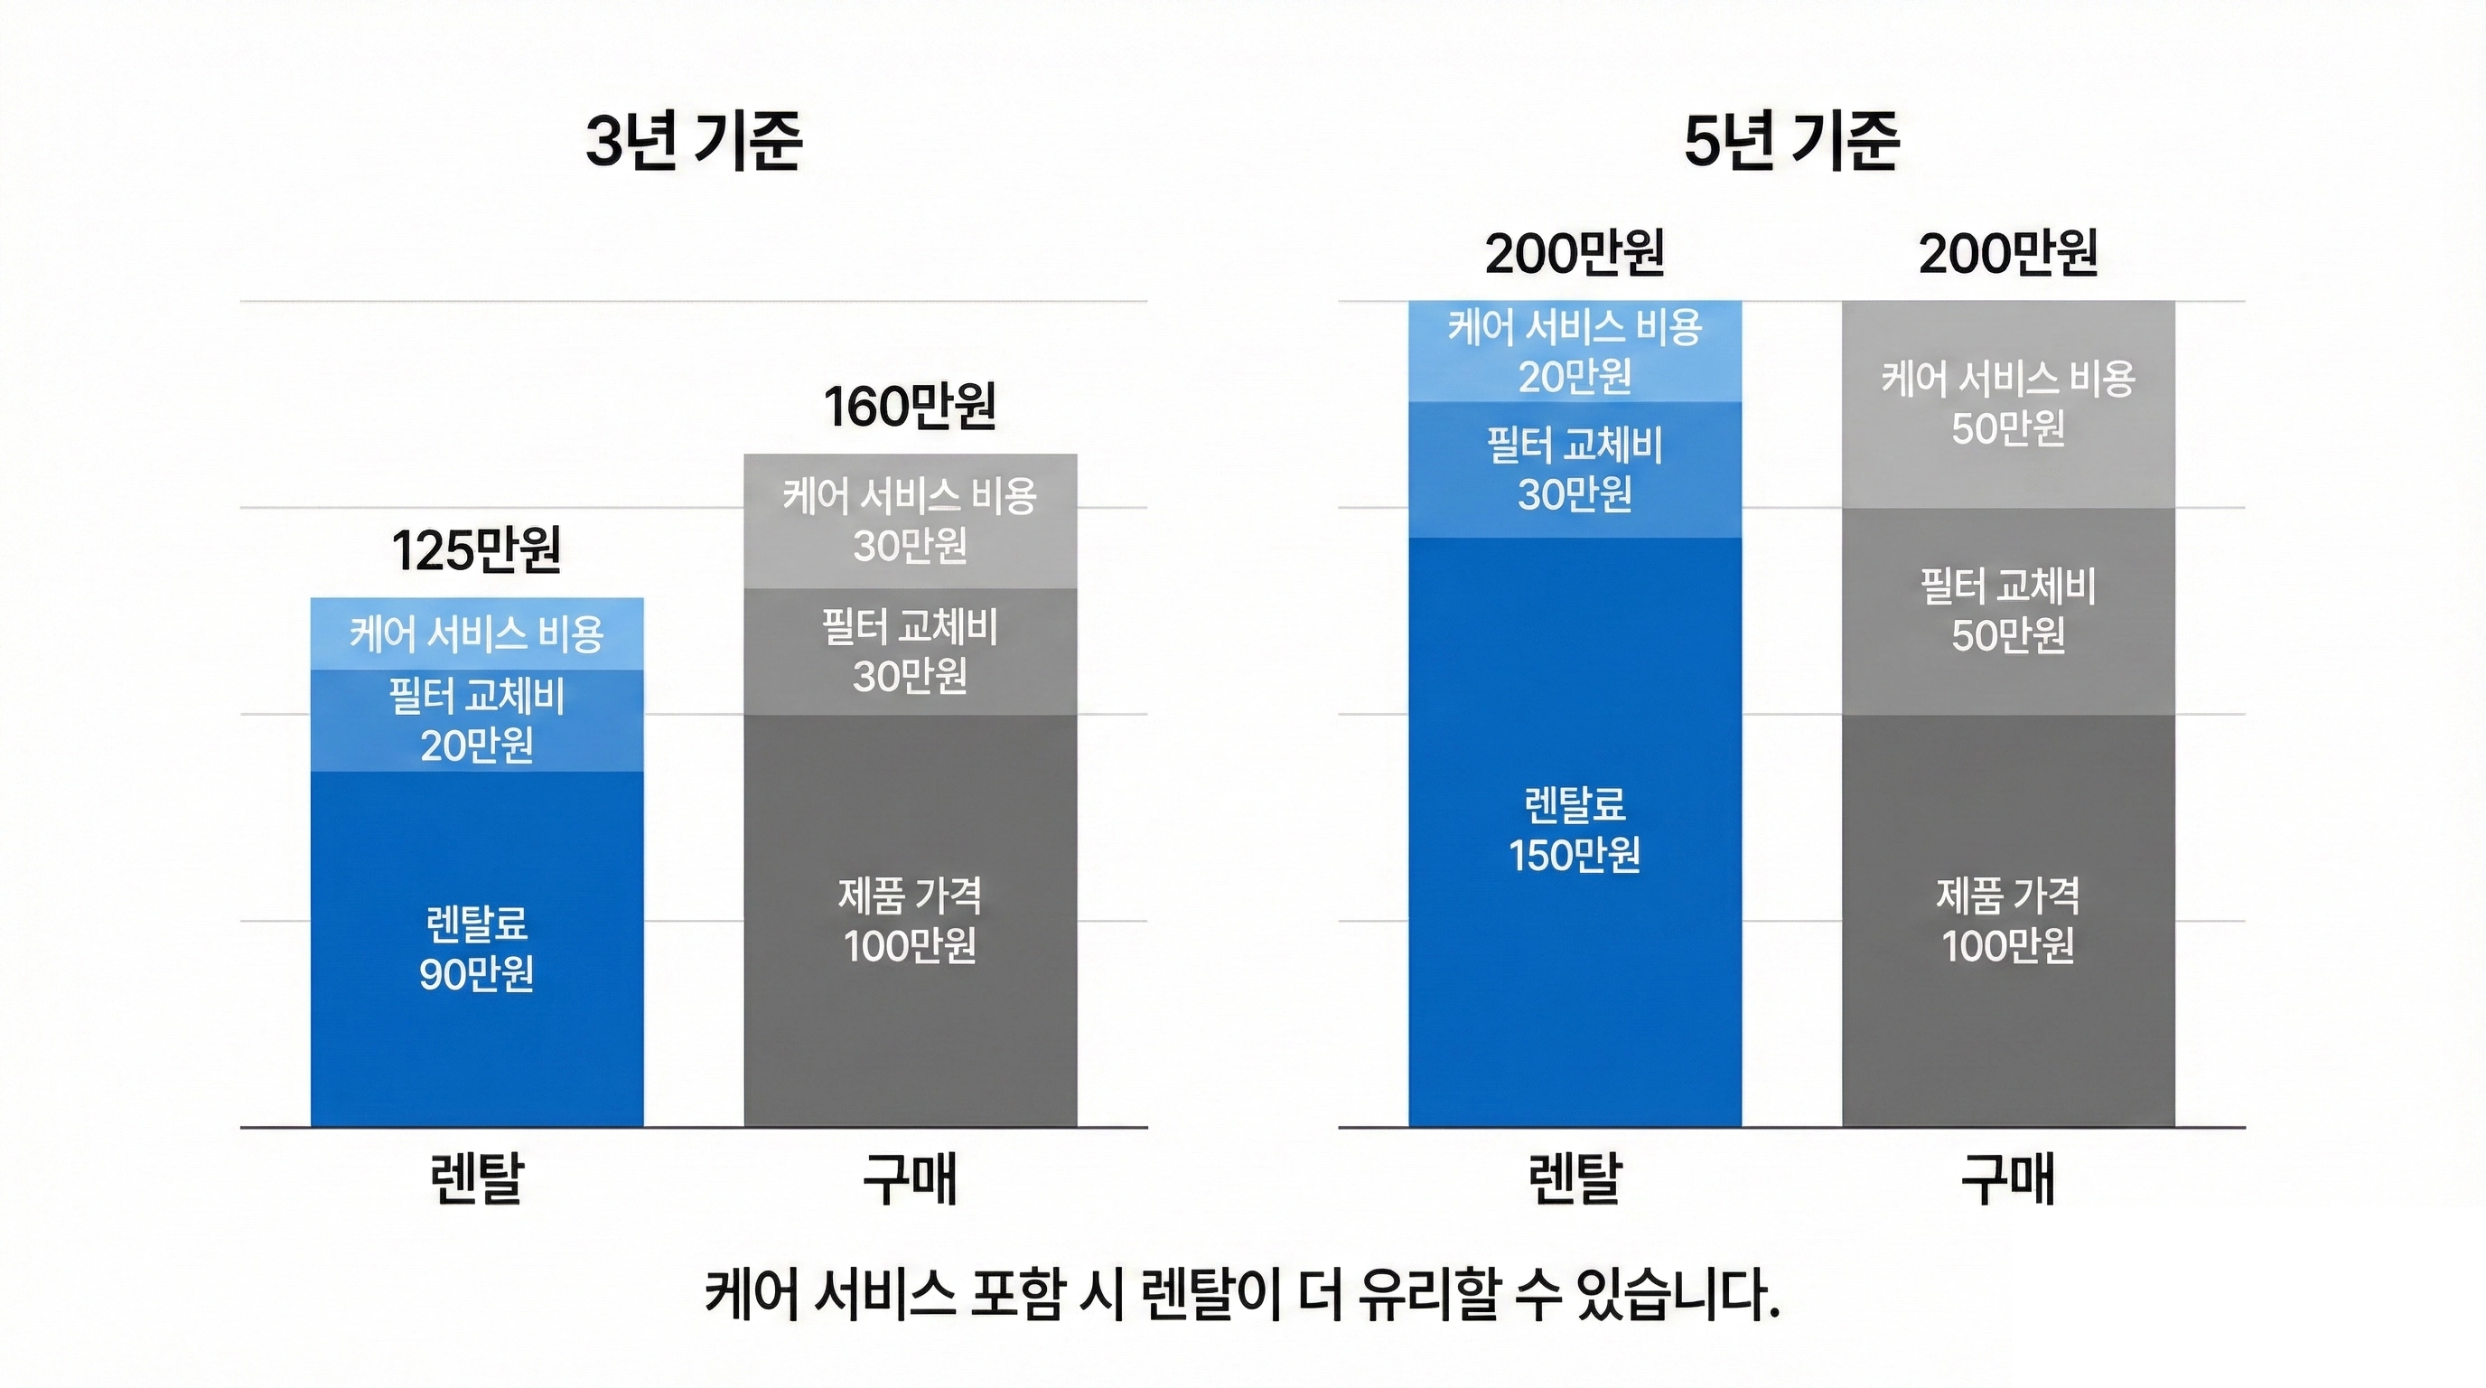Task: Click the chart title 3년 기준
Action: pyautogui.click(x=693, y=141)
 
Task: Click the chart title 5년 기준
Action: pyautogui.click(x=1791, y=141)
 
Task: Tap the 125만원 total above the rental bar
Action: pyautogui.click(x=476, y=551)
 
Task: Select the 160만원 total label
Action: pyautogui.click(x=909, y=407)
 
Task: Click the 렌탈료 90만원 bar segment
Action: pyautogui.click(x=477, y=949)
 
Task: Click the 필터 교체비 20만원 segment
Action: pyautogui.click(x=477, y=720)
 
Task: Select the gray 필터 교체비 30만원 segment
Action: pyautogui.click(x=909, y=652)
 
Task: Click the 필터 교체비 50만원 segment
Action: pyautogui.click(x=2007, y=611)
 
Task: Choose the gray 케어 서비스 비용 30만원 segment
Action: pyautogui.click(x=909, y=521)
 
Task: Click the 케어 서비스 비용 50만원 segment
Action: pyautogui.click(x=2007, y=403)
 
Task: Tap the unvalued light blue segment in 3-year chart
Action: pyautogui.click(x=477, y=634)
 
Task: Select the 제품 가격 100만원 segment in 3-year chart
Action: pyautogui.click(x=909, y=920)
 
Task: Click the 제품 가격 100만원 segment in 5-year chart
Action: pyautogui.click(x=2007, y=920)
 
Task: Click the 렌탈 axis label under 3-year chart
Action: pyautogui.click(x=477, y=1178)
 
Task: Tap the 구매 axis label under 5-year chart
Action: pyautogui.click(x=2007, y=1178)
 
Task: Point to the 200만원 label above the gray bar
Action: pyautogui.click(x=2007, y=254)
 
